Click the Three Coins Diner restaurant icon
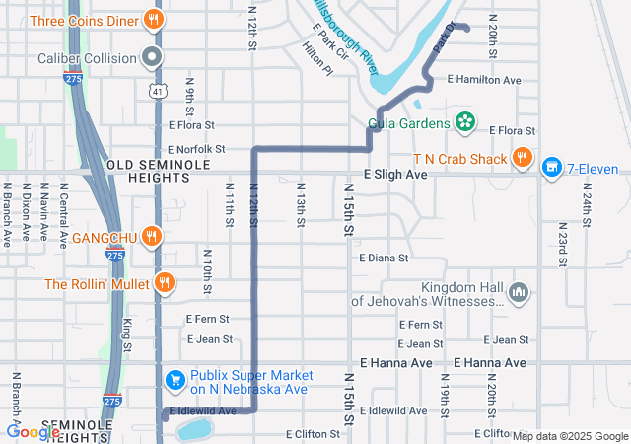coord(153,19)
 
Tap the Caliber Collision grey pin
coord(151,57)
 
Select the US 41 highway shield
coord(158,91)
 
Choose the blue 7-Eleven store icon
coord(551,168)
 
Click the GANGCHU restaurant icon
coord(151,236)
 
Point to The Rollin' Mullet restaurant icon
coord(165,283)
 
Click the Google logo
coord(33,431)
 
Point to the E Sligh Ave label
coord(394,174)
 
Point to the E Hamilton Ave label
coord(483,79)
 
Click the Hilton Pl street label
coord(315,59)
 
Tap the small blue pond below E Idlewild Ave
coord(194,429)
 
